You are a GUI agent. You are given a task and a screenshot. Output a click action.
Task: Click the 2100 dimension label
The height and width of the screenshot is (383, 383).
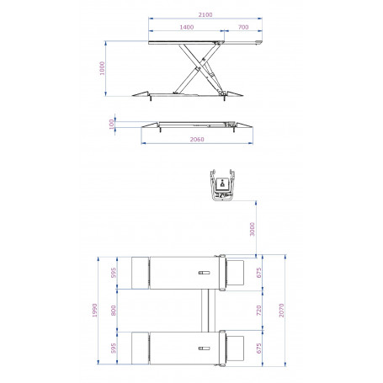205,14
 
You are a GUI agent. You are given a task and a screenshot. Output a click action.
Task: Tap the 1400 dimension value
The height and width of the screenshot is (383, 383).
187,27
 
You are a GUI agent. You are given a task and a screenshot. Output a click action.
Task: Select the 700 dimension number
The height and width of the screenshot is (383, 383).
243,27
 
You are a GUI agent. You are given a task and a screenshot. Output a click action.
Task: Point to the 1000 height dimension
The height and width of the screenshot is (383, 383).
102,68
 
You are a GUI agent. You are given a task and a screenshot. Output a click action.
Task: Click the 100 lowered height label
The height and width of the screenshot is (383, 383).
111,125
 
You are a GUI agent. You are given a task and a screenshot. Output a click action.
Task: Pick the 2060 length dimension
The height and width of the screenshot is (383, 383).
197,139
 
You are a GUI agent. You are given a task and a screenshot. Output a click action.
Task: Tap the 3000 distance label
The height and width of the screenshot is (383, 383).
252,229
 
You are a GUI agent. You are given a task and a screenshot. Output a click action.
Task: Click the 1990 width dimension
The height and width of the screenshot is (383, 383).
94,311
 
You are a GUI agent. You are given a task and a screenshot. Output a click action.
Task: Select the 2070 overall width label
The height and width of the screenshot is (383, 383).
281,311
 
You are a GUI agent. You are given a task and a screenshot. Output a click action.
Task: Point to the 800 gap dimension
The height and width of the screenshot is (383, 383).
114,311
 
